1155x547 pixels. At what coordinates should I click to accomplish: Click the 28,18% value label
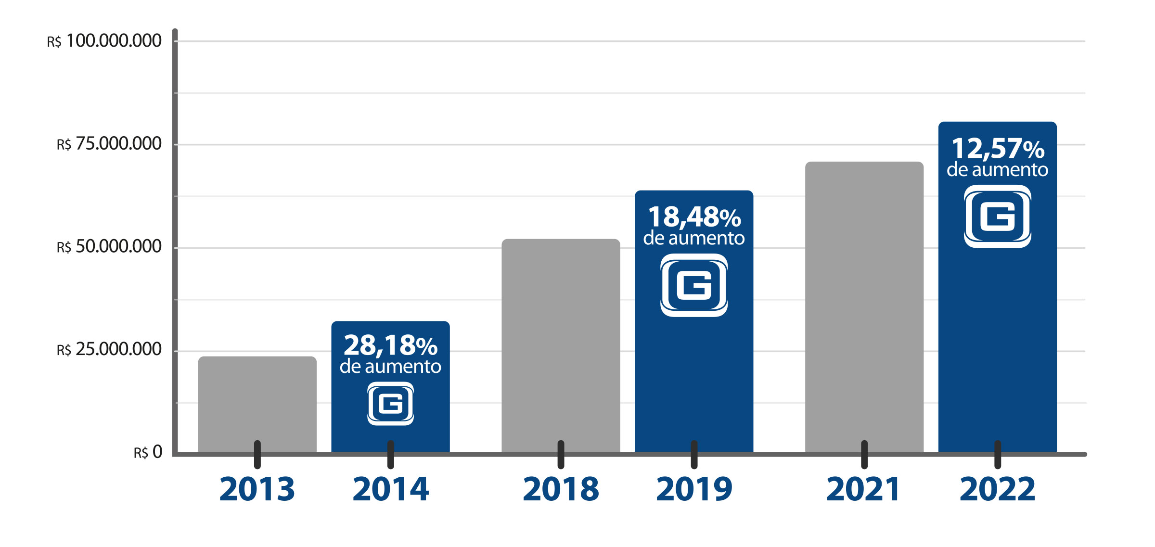[x=390, y=345]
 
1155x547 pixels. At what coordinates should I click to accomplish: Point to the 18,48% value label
[x=694, y=217]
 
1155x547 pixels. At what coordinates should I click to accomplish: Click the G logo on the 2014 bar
[x=390, y=403]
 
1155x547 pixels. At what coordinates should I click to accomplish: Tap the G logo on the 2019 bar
[x=694, y=285]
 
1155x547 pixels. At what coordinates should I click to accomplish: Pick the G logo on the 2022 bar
[x=998, y=216]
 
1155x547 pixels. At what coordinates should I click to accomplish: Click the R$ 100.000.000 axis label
[x=104, y=41]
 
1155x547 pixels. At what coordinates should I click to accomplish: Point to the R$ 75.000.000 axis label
[x=109, y=144]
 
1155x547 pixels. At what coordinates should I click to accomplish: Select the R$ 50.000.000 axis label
[x=109, y=247]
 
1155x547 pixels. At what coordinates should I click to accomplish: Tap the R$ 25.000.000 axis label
[x=109, y=350]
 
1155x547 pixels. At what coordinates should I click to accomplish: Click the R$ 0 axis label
[x=148, y=452]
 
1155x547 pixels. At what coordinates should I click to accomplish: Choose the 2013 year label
[x=257, y=489]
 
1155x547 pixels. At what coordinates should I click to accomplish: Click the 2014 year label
[x=390, y=489]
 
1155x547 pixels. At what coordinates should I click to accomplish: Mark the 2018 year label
[x=561, y=489]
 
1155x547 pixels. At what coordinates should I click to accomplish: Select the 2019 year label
[x=694, y=489]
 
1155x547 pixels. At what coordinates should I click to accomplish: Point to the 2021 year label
[x=863, y=489]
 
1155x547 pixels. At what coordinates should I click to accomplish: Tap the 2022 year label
[x=997, y=489]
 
